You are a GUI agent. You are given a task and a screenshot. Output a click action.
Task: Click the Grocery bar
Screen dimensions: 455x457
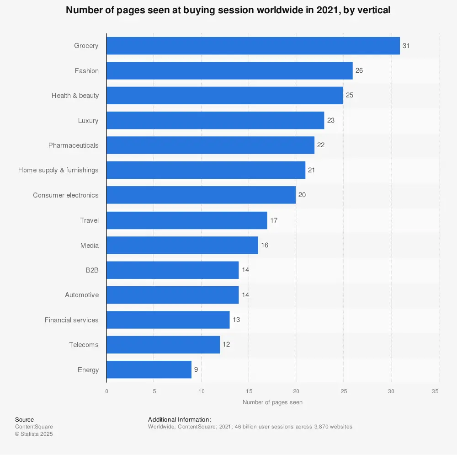(x=253, y=46)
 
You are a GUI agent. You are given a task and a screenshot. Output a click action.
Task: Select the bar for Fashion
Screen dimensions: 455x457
(x=229, y=71)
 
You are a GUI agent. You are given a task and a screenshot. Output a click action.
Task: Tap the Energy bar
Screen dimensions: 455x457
(x=149, y=369)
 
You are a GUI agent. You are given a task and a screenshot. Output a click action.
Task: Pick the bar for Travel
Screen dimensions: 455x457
(x=186, y=220)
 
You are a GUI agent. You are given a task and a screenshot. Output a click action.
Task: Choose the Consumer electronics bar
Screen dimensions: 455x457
(x=201, y=195)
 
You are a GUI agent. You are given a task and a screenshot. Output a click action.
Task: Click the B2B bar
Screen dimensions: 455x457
(x=172, y=270)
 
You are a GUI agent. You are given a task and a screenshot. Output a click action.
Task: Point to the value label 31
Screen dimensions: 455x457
(x=406, y=46)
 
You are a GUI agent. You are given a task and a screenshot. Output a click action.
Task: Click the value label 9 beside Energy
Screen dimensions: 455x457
(x=196, y=369)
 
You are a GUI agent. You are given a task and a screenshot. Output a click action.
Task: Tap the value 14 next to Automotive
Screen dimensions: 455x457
(x=245, y=295)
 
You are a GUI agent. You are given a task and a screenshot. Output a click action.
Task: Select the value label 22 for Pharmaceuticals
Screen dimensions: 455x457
(x=321, y=145)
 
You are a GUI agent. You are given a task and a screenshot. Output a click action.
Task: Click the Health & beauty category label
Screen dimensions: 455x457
(x=75, y=96)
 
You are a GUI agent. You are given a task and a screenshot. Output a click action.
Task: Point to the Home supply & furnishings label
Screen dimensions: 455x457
(x=58, y=170)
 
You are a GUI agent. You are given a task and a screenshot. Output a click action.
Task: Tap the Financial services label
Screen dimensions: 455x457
(x=71, y=320)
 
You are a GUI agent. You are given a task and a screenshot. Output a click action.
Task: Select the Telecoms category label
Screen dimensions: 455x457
(x=84, y=345)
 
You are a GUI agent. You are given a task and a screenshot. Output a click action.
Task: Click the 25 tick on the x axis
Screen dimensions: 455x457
(x=343, y=391)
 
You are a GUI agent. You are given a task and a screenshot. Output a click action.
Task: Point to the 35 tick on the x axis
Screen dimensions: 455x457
(x=438, y=391)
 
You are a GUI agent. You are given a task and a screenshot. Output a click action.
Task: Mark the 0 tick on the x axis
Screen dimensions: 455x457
(x=106, y=391)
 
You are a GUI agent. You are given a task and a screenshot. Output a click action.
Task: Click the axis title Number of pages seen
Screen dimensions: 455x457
(x=272, y=402)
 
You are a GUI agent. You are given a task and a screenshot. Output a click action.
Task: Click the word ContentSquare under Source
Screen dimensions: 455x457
(x=34, y=427)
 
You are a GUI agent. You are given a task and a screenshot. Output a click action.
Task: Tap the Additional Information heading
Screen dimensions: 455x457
(x=179, y=419)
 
